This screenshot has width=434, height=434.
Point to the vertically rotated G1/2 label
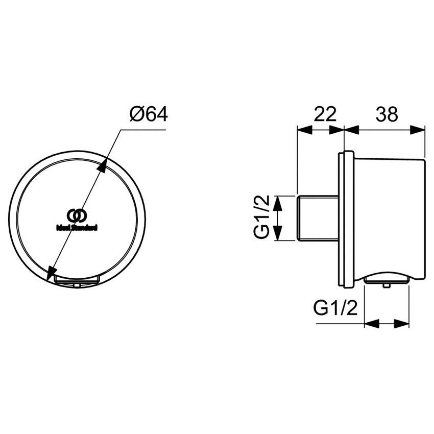coord(261,218)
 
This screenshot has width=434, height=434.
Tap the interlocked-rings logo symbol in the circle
coord(76,215)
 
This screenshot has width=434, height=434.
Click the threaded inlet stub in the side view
coord(318,218)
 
